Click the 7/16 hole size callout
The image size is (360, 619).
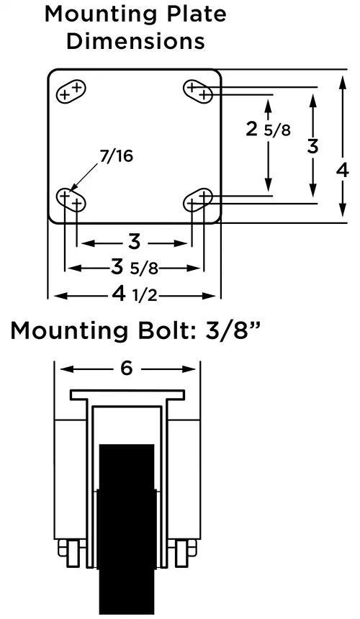(x=116, y=156)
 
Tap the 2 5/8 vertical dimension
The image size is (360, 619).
(x=268, y=129)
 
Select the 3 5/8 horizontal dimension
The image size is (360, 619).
(x=134, y=268)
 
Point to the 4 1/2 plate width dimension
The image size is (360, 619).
(x=135, y=294)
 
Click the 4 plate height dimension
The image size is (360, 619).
(x=343, y=171)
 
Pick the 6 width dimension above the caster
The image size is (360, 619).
(x=126, y=369)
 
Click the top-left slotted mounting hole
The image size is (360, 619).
(x=71, y=91)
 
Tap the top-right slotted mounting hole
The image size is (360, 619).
(x=198, y=91)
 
